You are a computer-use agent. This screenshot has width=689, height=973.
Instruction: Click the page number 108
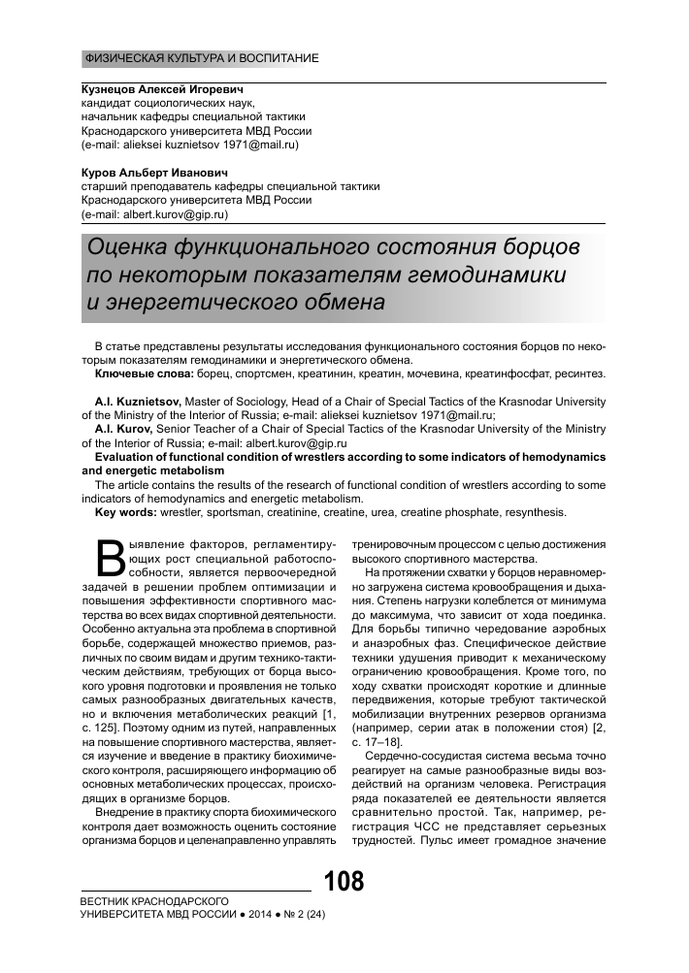[344, 884]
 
